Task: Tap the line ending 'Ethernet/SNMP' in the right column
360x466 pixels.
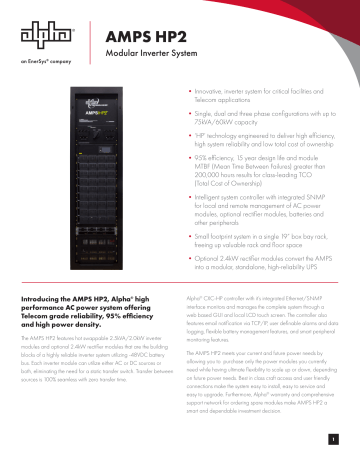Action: click(x=250, y=326)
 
